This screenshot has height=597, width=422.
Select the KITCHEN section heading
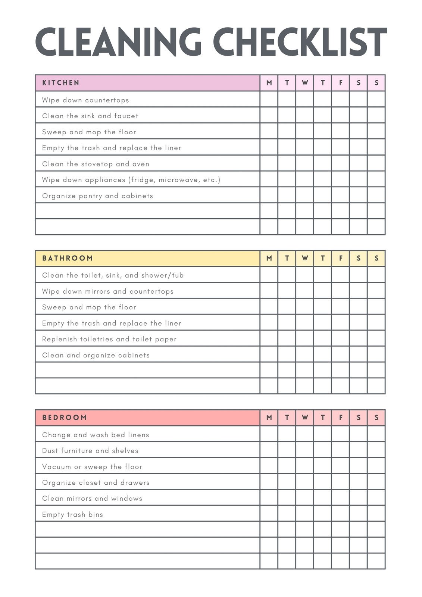tap(61, 83)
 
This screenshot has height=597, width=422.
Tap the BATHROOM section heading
tap(68, 258)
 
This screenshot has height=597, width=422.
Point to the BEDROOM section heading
tap(65, 418)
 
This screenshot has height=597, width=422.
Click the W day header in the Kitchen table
tap(305, 83)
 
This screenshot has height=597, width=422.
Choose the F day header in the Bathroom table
tap(341, 258)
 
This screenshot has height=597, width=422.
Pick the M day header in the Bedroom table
tap(269, 418)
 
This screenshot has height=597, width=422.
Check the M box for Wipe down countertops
tap(269, 99)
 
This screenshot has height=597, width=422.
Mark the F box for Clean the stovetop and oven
tap(341, 163)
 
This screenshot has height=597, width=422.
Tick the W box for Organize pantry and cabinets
tap(305, 195)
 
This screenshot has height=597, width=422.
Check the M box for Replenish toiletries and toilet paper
tap(269, 338)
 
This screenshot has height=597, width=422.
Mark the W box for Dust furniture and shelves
tap(305, 450)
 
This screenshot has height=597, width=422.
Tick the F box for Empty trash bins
tap(341, 514)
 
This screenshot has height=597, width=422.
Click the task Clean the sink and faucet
tap(90, 116)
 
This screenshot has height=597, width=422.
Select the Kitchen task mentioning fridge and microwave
tap(131, 180)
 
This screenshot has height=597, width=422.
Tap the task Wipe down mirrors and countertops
tap(108, 291)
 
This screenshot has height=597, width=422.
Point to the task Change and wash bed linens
tap(96, 435)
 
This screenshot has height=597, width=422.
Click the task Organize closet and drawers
tap(96, 482)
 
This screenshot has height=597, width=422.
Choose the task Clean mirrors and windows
tap(92, 498)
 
